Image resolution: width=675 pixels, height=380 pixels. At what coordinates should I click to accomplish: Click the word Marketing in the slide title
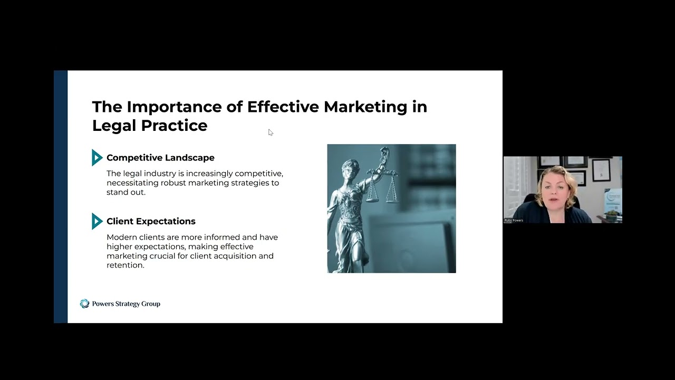pyautogui.click(x=365, y=107)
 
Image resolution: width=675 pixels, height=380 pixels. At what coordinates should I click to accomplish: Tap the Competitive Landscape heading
pyautogui.click(x=160, y=158)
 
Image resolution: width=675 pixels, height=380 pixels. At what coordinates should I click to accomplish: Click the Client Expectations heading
pyautogui.click(x=151, y=222)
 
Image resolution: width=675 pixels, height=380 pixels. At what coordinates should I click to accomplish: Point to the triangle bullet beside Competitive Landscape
pyautogui.click(x=97, y=157)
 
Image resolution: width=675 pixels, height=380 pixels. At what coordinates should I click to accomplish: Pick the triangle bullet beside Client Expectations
pyautogui.click(x=97, y=221)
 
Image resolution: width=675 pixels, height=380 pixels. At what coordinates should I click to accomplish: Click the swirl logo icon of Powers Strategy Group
pyautogui.click(x=84, y=303)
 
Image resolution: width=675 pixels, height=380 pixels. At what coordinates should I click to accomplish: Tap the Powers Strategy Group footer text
pyautogui.click(x=126, y=304)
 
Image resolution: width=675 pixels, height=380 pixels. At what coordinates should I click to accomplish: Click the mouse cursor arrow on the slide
pyautogui.click(x=270, y=132)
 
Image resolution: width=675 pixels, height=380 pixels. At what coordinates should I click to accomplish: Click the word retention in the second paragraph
pyautogui.click(x=125, y=265)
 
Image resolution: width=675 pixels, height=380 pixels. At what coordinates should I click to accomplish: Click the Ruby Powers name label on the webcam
pyautogui.click(x=514, y=220)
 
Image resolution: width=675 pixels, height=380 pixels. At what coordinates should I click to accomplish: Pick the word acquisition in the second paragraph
pyautogui.click(x=236, y=256)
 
